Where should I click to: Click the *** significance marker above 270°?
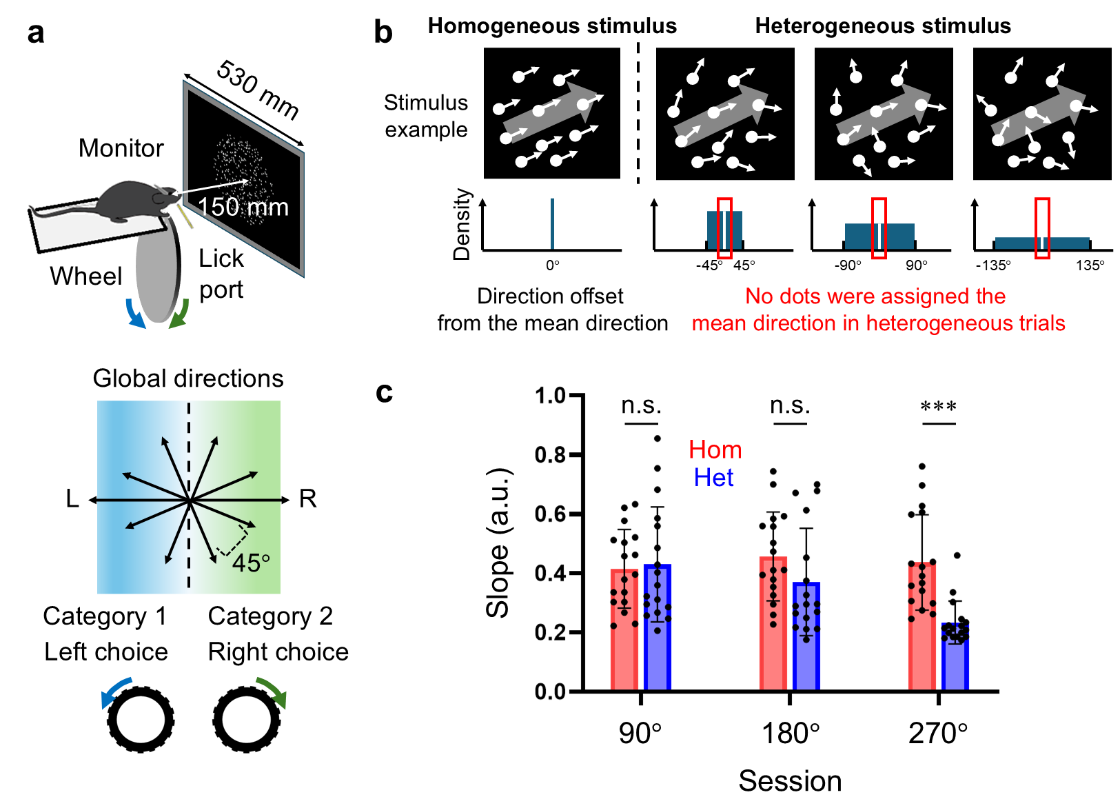point(938,407)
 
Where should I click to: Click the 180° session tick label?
point(790,734)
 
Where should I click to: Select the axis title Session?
point(790,781)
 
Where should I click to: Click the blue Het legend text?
point(713,478)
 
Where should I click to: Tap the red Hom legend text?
point(715,450)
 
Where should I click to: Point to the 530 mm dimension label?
point(258,90)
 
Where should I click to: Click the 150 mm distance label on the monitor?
point(243,207)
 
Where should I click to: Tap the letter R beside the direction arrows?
point(307,498)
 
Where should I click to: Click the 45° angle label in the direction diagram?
point(251,563)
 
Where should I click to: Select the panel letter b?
point(383,32)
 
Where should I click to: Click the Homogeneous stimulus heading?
point(552,26)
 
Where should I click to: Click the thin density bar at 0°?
point(552,224)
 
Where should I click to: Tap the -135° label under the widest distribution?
point(993,265)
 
